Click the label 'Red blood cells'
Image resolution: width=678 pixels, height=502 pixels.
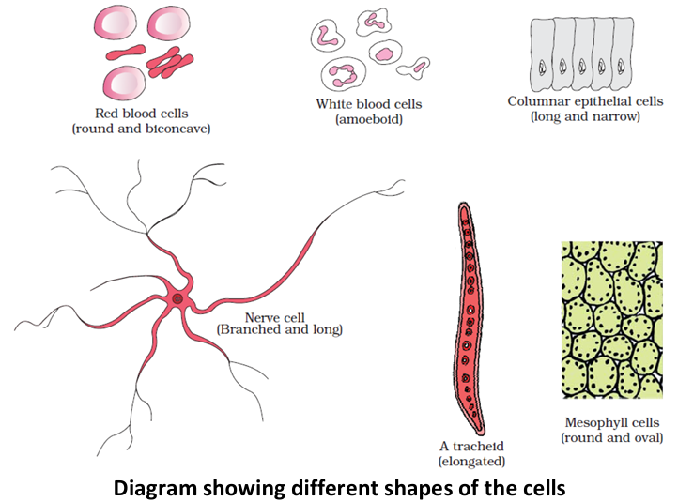click(x=140, y=114)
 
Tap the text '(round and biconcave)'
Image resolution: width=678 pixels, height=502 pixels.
click(x=140, y=128)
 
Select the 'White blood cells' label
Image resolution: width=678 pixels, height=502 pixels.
click(x=369, y=104)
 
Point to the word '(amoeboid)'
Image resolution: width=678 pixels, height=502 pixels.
click(x=369, y=118)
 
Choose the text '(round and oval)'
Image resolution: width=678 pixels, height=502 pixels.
click(x=612, y=437)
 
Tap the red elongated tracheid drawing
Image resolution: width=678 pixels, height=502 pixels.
click(x=470, y=319)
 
